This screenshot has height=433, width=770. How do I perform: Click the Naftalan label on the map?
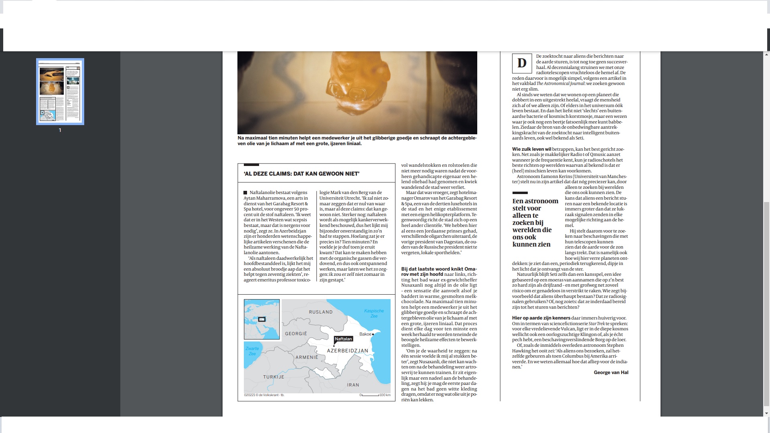(343, 339)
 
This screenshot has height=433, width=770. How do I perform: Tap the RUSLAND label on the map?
(320, 312)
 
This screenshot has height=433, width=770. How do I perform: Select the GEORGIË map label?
(296, 334)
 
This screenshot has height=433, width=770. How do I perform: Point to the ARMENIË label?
(307, 357)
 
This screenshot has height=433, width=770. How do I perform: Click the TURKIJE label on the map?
(274, 377)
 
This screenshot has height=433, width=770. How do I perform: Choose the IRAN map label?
(353, 385)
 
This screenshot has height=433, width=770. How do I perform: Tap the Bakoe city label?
(365, 334)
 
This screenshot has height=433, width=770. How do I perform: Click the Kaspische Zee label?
(374, 313)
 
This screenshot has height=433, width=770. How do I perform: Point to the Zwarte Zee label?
(252, 351)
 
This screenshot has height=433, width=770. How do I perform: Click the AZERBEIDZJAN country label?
(347, 350)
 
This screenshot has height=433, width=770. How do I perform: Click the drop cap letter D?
(522, 63)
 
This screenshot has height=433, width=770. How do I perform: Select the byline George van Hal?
(611, 372)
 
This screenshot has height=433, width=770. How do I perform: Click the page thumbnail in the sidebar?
(60, 91)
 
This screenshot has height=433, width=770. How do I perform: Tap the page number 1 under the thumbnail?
(60, 130)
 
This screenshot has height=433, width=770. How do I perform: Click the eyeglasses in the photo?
(347, 91)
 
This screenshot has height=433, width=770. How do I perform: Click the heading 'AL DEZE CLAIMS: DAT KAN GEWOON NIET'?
(302, 174)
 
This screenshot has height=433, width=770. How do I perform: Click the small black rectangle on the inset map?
(261, 320)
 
